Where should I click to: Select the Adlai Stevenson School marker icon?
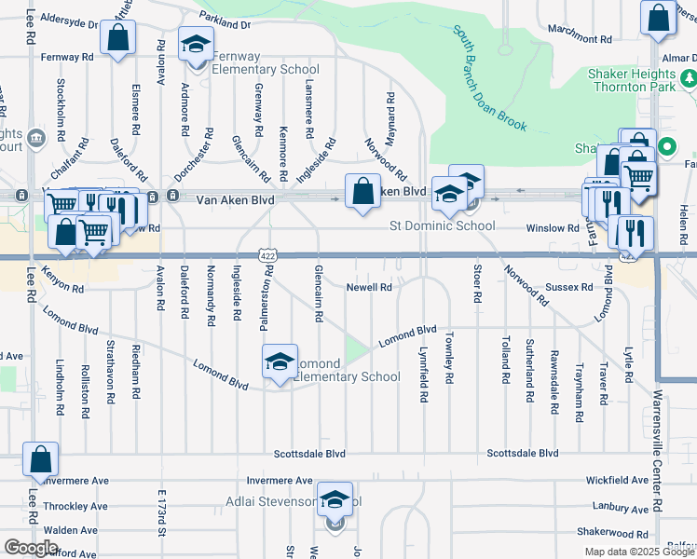[335, 501]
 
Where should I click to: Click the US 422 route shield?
[267, 254]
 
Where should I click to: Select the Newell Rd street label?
[368, 288]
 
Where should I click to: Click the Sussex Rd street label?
[568, 288]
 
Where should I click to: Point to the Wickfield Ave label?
[617, 481]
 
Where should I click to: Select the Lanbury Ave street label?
[621, 509]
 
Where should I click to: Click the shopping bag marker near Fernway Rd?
[117, 39]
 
